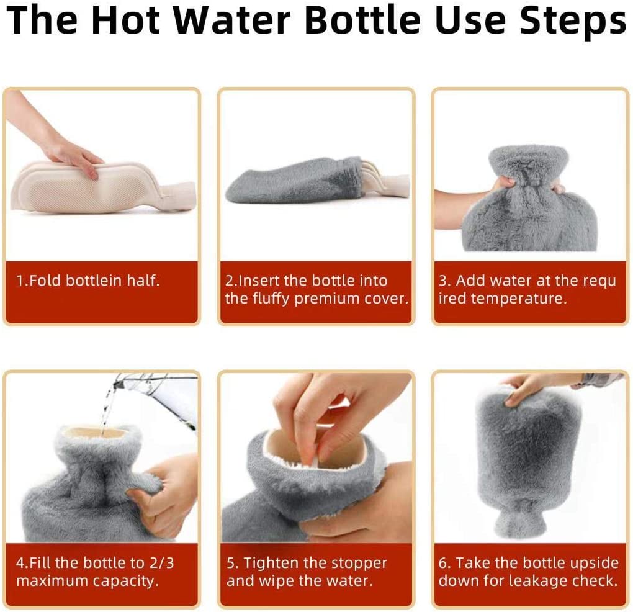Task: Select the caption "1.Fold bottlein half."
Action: pyautogui.click(x=88, y=280)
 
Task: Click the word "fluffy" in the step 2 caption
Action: pyautogui.click(x=271, y=299)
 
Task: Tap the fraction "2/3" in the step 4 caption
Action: pyautogui.click(x=161, y=563)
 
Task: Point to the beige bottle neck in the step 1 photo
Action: pyautogui.click(x=177, y=194)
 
